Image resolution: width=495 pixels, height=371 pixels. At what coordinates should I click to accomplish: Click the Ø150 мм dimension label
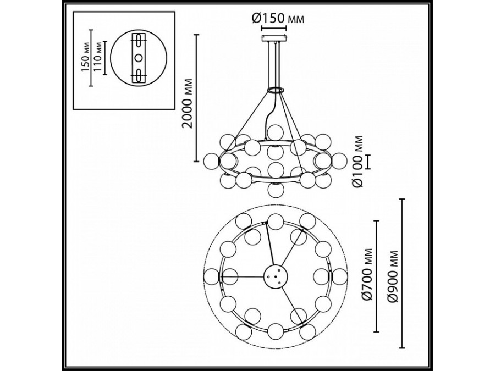(x=278, y=18)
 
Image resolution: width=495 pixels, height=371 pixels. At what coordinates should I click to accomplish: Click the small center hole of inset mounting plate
(x=139, y=57)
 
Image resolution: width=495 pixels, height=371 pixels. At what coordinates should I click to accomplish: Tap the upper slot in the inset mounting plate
(x=139, y=40)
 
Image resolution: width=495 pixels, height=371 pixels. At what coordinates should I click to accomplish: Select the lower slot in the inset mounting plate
(x=139, y=75)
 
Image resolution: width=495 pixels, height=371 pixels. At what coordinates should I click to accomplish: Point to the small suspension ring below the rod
(x=276, y=89)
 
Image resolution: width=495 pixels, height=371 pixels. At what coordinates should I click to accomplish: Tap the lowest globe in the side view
(x=276, y=190)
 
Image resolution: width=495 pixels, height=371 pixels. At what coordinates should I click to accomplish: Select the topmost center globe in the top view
(x=276, y=222)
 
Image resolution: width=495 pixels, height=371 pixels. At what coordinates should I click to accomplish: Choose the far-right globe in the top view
(x=339, y=276)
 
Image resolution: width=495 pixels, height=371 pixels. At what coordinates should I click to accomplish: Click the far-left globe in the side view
(x=212, y=160)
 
